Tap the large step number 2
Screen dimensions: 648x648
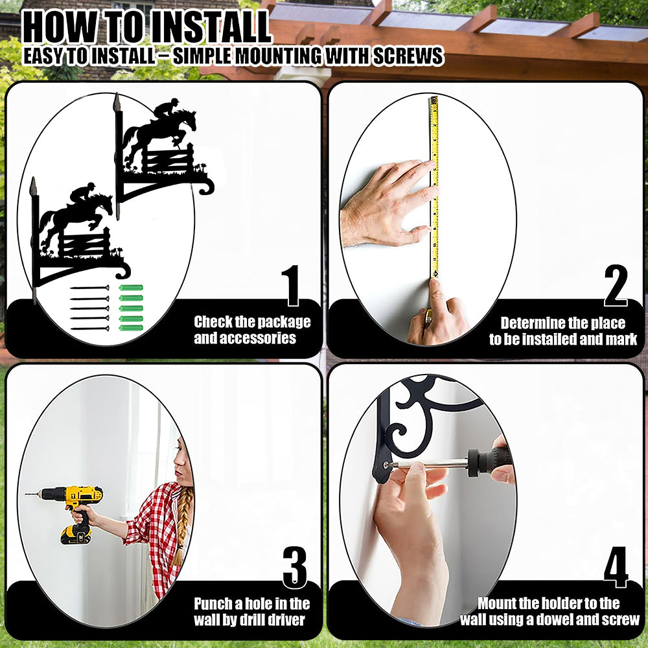tap(616, 286)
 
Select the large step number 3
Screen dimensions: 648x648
tap(295, 568)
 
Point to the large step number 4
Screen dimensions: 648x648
tap(616, 567)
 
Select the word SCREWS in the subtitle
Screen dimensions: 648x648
tap(408, 56)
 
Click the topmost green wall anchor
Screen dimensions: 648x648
tap(131, 288)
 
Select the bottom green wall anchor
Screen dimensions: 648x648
tap(131, 328)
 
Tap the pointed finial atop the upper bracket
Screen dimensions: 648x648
tap(117, 102)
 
